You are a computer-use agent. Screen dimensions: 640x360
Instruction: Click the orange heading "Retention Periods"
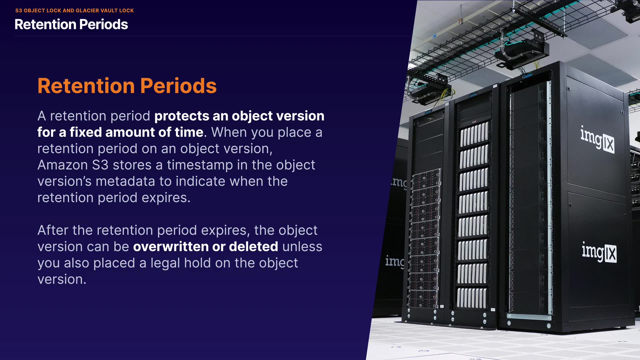127,86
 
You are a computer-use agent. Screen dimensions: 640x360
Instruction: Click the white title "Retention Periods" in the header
71,24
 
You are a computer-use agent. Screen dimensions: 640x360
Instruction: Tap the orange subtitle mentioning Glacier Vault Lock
74,11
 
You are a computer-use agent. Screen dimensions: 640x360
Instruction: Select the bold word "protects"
182,116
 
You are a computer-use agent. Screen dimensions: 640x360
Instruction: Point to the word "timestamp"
200,165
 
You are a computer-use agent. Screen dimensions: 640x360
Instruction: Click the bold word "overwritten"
171,247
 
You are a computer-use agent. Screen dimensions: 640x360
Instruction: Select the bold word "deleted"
253,247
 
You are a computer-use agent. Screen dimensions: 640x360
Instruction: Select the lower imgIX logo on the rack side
599,252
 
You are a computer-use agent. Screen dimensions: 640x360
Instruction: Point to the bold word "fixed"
86,132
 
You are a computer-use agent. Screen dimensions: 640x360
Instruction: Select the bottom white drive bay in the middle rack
471,298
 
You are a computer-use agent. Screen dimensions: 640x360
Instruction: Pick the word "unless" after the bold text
302,247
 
